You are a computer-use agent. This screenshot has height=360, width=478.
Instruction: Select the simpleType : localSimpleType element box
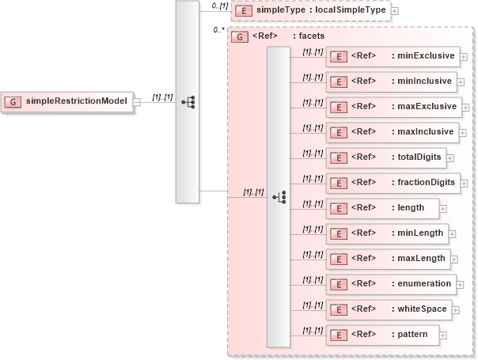[309, 11]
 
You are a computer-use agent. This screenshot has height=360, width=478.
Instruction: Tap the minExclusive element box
[392, 57]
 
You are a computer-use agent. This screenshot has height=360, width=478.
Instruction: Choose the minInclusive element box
[391, 81]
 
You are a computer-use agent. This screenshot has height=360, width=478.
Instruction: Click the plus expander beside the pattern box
[443, 335]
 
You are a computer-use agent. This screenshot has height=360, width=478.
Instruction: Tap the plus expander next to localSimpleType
[394, 12]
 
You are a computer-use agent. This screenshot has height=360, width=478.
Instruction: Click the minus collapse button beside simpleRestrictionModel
[137, 102]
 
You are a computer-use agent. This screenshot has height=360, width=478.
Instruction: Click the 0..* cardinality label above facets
[219, 30]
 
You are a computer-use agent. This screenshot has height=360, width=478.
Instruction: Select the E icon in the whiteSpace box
[338, 309]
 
